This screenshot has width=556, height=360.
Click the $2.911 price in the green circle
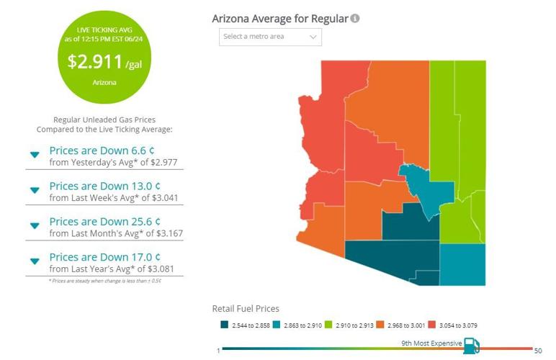(94, 61)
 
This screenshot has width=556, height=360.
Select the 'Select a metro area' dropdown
(270, 37)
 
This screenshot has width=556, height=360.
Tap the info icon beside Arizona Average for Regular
(355, 18)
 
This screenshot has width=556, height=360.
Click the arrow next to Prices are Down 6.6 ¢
(34, 155)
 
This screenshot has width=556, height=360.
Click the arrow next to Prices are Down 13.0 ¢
(34, 190)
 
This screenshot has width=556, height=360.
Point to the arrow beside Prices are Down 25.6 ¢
(34, 225)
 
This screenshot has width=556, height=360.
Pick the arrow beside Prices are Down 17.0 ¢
(34, 261)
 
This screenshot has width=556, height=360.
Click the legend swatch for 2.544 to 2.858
(225, 325)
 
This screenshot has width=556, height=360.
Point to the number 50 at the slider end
(537, 351)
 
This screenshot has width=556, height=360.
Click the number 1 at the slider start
(218, 351)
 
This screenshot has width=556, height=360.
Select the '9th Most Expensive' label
(431, 343)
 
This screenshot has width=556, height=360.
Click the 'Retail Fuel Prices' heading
(246, 309)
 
